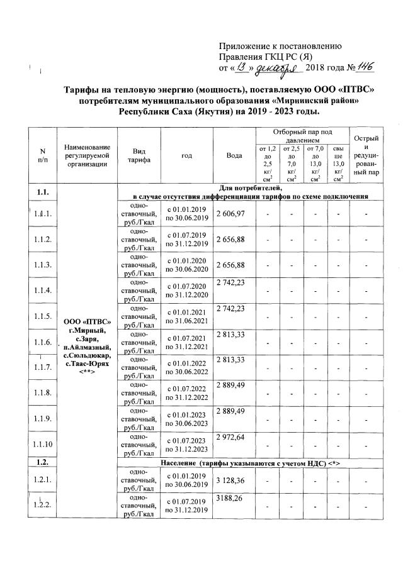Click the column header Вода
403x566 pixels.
pyautogui.click(x=234, y=155)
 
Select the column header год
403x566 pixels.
pyautogui.click(x=186, y=155)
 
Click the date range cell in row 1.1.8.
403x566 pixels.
pyautogui.click(x=186, y=394)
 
